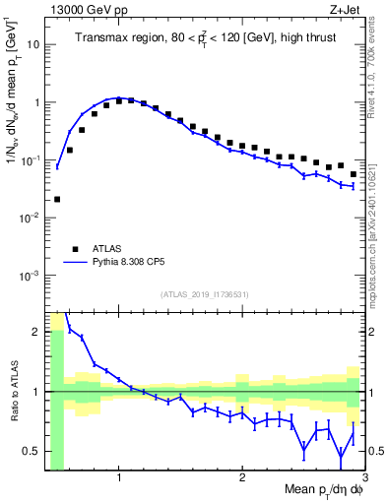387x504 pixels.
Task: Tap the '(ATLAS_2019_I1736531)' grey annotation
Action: coord(204,294)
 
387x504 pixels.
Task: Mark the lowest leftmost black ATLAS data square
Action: coord(57,199)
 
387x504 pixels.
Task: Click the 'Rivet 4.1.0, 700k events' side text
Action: coord(377,69)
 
